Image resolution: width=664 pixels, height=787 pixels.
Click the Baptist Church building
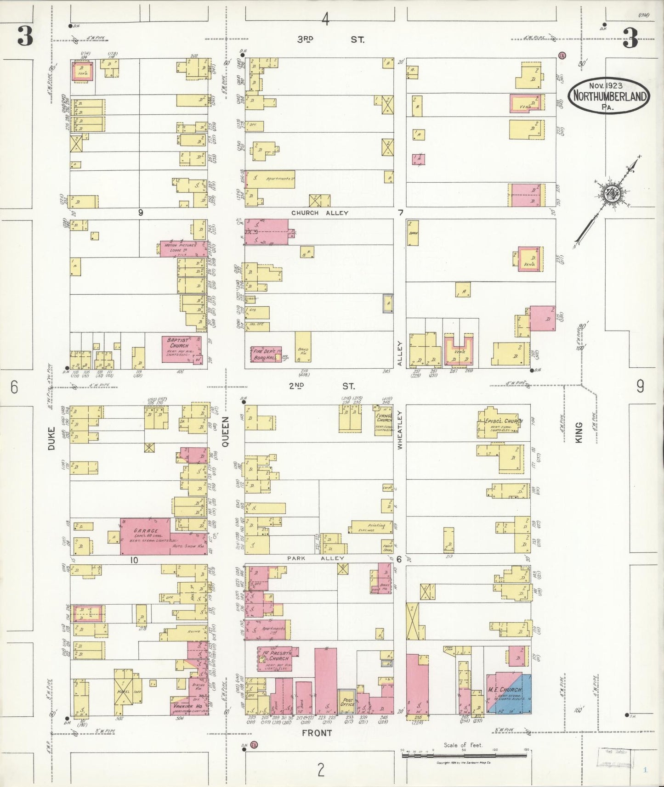(x=181, y=349)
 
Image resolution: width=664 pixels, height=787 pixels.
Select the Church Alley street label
(x=320, y=213)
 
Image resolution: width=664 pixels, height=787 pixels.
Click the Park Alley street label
(x=316, y=558)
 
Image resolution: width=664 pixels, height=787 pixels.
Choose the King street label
(x=579, y=432)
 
